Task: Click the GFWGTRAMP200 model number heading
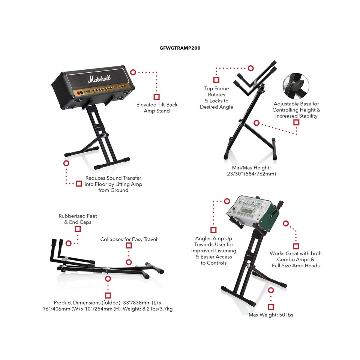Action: (x=180, y=48)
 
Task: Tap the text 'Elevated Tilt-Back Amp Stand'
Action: (x=157, y=108)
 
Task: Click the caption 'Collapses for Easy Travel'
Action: (x=129, y=239)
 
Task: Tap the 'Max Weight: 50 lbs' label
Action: (x=271, y=315)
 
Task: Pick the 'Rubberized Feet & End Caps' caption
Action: (x=78, y=219)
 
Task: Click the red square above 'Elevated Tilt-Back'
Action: (x=157, y=96)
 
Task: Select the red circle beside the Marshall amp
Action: (x=133, y=72)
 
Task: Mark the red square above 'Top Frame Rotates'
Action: (x=216, y=79)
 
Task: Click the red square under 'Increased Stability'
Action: (x=296, y=123)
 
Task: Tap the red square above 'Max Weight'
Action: (x=271, y=307)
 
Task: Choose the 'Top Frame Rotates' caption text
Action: (x=216, y=98)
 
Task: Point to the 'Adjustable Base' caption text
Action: (x=296, y=110)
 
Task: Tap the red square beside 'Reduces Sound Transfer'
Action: (x=79, y=183)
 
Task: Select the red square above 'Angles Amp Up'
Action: (x=213, y=230)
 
